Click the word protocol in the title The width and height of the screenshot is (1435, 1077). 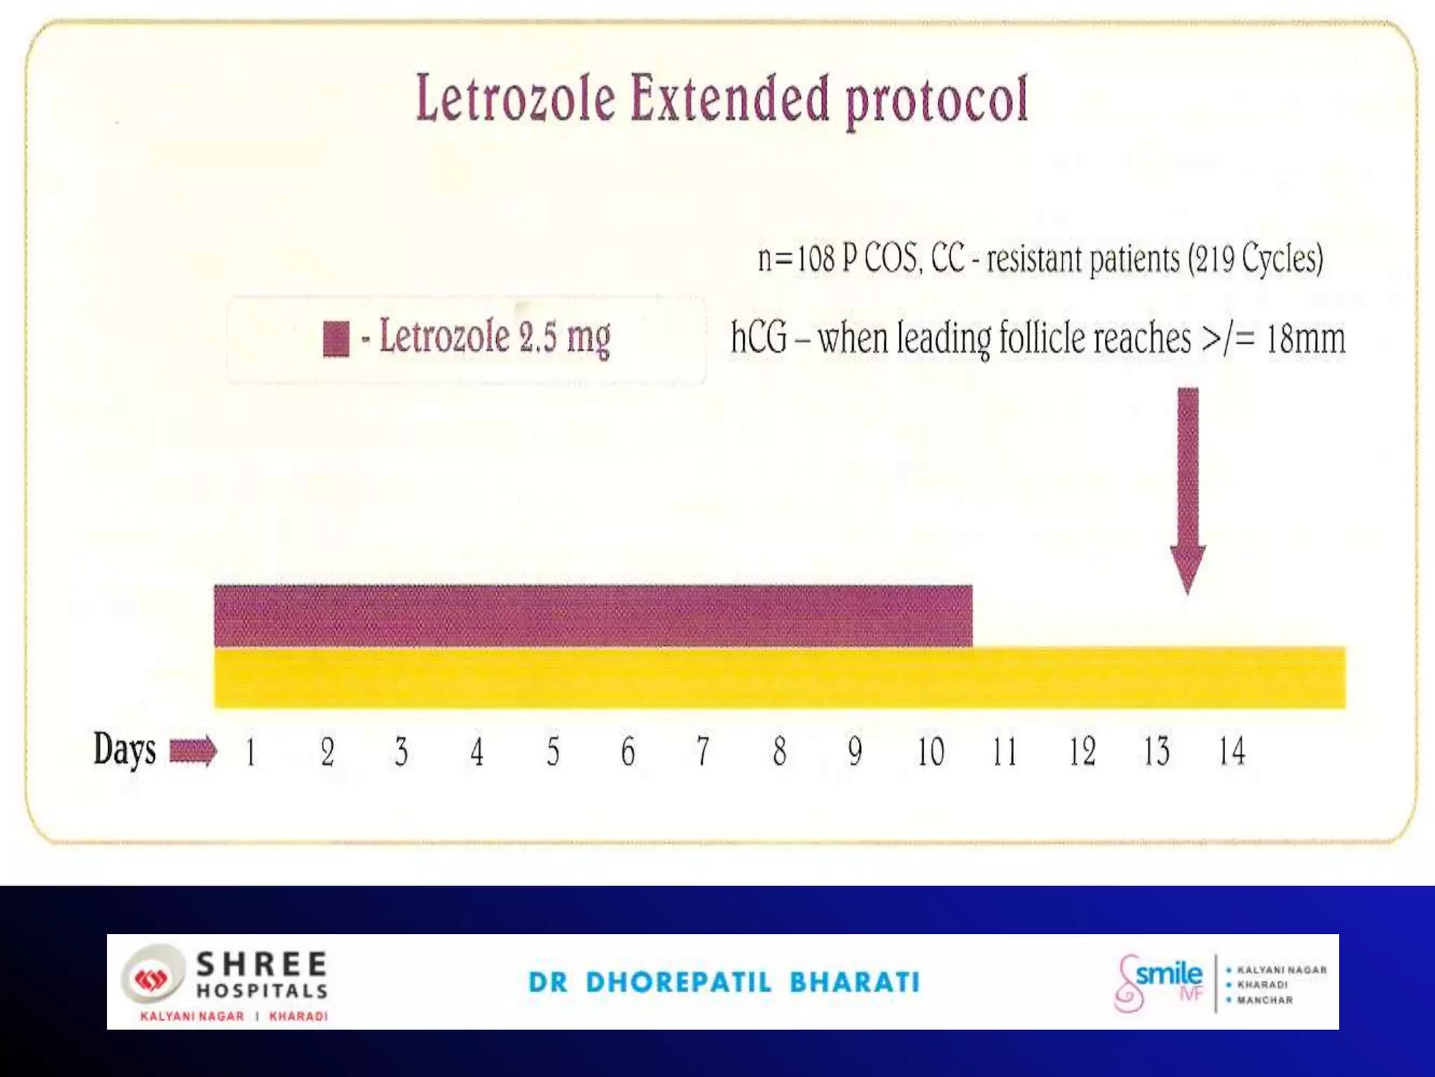[937, 102]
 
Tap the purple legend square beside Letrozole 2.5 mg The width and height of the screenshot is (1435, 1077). [336, 339]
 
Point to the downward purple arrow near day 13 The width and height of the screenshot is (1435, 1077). [1188, 491]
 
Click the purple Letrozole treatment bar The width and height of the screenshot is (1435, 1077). [593, 616]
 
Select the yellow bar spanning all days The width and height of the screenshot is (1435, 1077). [779, 678]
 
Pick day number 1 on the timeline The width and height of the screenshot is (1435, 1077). [251, 752]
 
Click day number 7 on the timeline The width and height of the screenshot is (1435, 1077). [703, 752]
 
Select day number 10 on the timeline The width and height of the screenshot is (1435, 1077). [931, 752]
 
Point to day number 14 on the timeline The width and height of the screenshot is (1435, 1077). [1231, 752]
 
